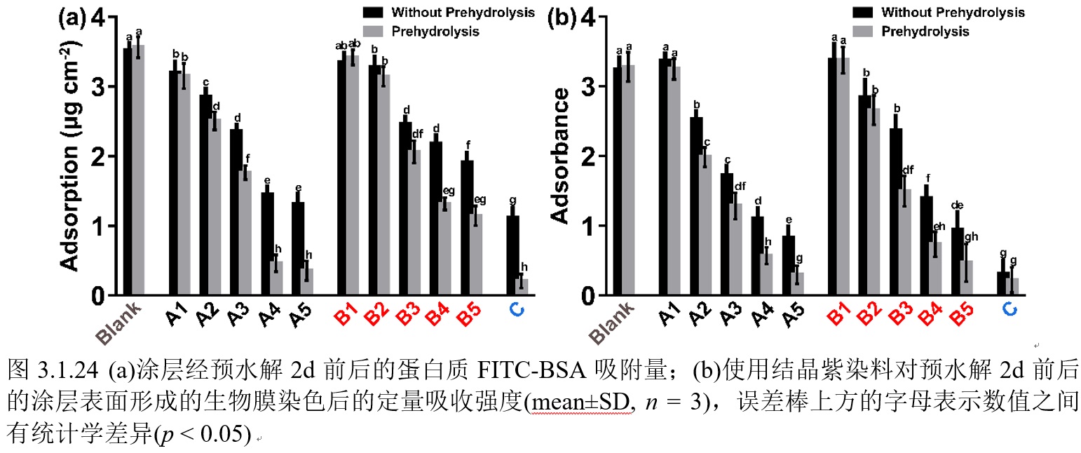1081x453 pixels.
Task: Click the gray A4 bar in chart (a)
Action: (x=277, y=278)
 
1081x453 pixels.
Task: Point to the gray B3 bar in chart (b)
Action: (x=904, y=243)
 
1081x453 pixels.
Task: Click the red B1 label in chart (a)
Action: (x=345, y=316)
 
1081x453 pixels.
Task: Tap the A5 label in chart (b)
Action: (x=794, y=316)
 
